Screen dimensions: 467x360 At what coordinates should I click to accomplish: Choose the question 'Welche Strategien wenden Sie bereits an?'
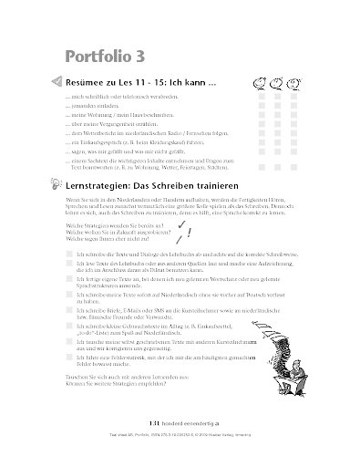116,223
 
